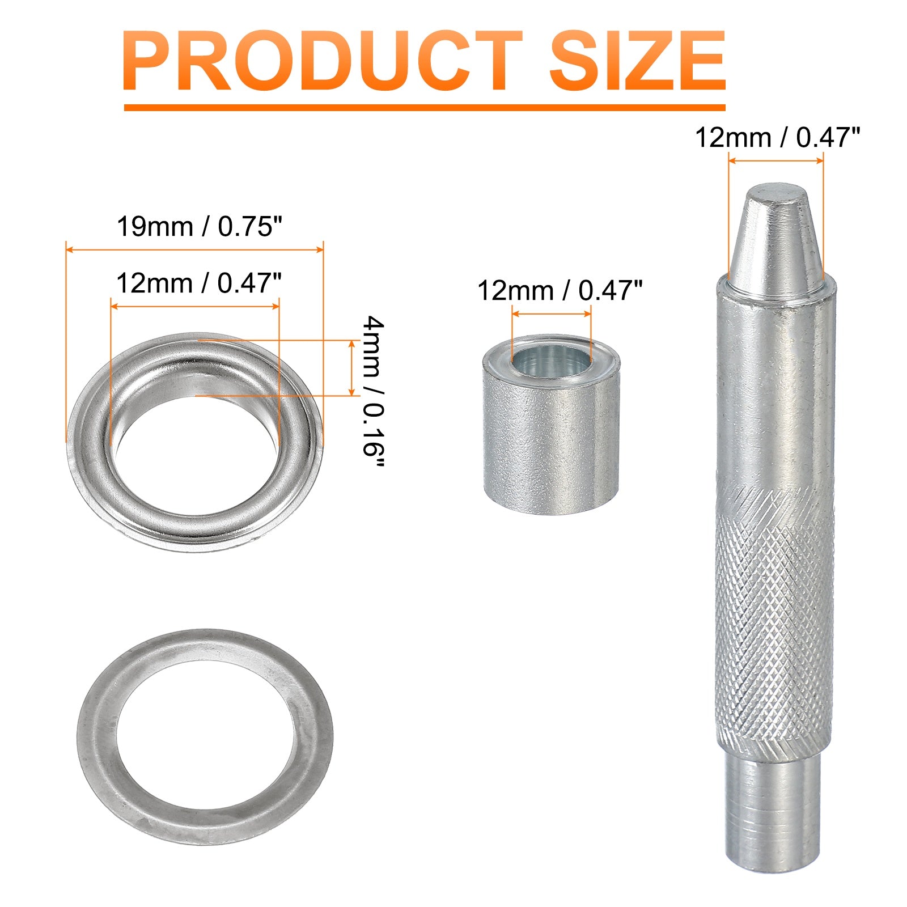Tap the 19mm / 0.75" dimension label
point(199,227)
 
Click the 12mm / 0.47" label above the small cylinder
point(560,291)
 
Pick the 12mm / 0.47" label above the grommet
point(199,283)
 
